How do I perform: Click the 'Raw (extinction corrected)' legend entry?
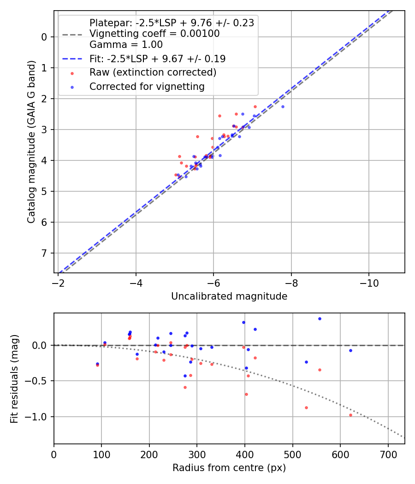point(153,72)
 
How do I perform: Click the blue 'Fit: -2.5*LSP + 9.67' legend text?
point(157,59)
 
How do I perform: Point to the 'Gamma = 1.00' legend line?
point(126,45)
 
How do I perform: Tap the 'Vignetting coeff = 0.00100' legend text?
point(154,34)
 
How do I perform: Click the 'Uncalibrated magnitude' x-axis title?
point(229,296)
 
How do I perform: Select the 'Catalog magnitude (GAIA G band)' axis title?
point(31,142)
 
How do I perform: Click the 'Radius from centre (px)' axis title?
point(229,468)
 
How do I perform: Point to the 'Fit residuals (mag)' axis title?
point(14,378)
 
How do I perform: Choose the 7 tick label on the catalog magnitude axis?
point(45,253)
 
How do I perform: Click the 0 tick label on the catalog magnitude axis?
point(45,37)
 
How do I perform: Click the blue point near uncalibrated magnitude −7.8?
point(283,106)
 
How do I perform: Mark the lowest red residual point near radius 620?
point(350,415)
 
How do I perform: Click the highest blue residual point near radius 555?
point(320,319)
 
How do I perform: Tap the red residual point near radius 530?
point(306,407)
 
